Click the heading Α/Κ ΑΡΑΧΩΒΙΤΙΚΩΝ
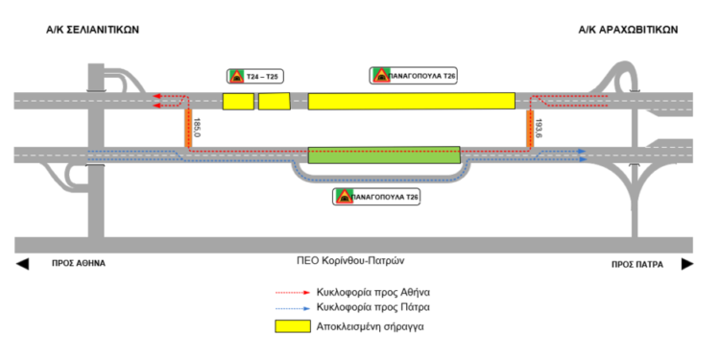[628, 30]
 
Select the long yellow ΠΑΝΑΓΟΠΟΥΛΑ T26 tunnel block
[411, 101]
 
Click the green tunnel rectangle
[384, 155]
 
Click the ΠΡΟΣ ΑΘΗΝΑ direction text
[79, 262]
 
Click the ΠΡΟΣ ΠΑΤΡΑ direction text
[637, 262]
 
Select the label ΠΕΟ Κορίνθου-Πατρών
[353, 261]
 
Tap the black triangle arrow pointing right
[685, 262]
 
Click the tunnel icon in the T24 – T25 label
[235, 76]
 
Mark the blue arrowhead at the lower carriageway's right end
[583, 152]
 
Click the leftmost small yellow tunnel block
[238, 101]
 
